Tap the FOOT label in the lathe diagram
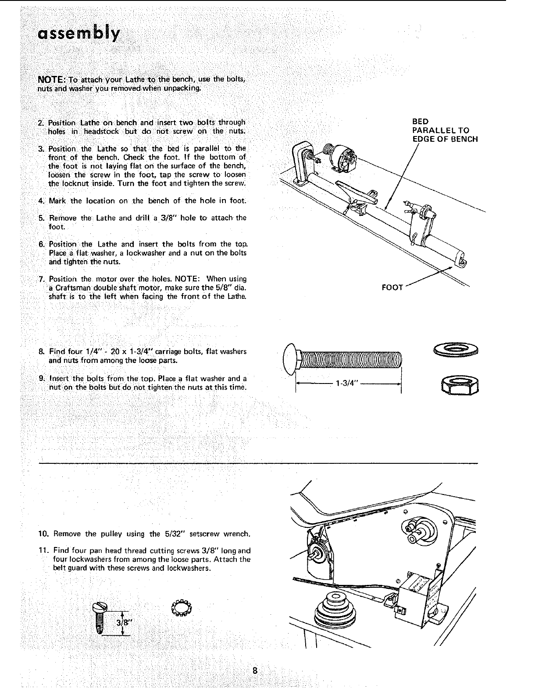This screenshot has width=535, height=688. pos(392,288)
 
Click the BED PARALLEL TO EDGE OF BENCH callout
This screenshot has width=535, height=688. pos(445,130)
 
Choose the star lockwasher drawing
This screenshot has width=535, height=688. pos(180,608)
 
